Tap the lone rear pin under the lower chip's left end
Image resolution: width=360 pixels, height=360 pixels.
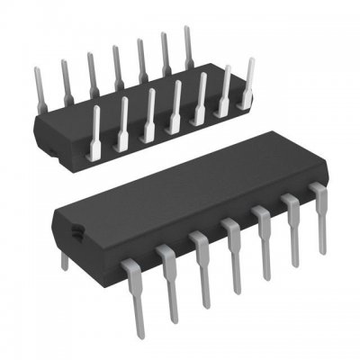pos(64,259)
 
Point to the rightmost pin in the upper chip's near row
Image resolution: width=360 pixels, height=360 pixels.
pos(248,76)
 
